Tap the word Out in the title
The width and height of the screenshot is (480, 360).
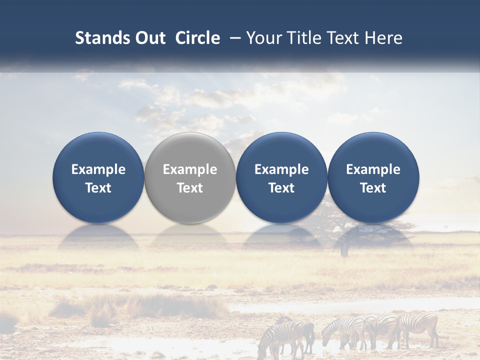(148, 38)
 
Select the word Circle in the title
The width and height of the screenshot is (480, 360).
(197, 38)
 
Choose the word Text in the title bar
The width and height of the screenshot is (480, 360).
(340, 38)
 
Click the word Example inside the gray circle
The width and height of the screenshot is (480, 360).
(190, 169)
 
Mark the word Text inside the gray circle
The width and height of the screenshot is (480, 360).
(190, 188)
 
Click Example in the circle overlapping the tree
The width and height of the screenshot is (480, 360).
(373, 169)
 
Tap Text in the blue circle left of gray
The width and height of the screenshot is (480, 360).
(98, 188)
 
